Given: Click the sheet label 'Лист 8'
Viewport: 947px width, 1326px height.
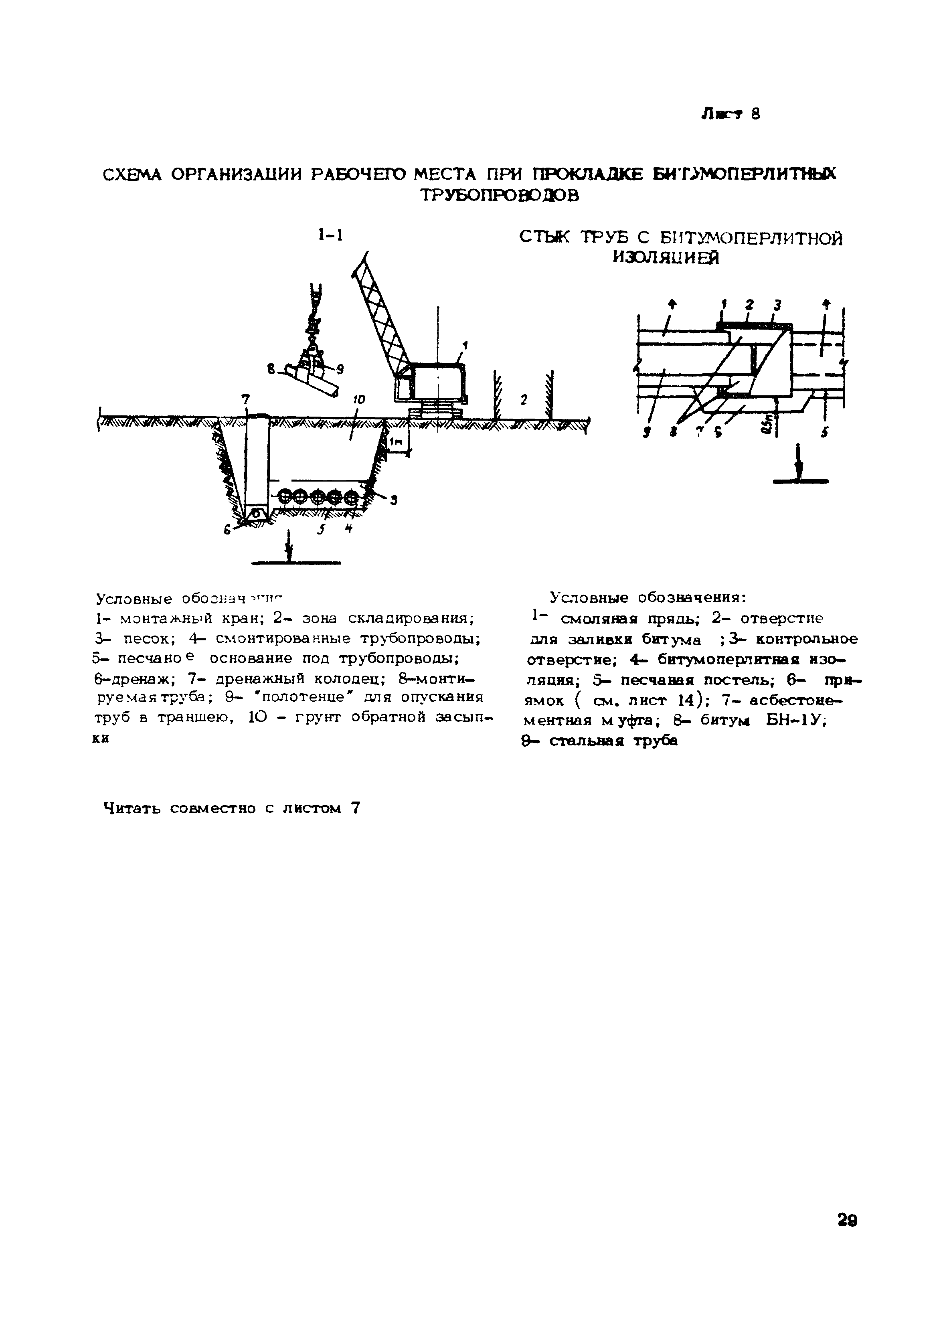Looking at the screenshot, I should click(730, 114).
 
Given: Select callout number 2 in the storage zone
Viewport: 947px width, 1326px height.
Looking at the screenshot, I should click(524, 400).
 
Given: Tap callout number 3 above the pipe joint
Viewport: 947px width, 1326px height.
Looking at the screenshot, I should click(777, 304).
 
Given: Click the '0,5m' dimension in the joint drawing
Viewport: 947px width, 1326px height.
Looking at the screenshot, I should click(765, 421).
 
